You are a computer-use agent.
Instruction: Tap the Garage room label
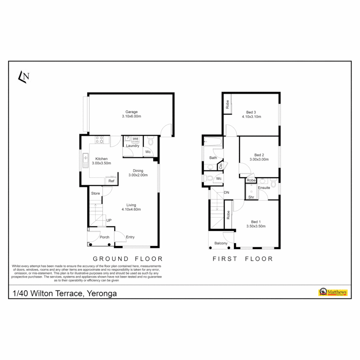[131, 112]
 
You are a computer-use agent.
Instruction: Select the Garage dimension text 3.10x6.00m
[131, 116]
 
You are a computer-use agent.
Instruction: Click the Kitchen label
[101, 159]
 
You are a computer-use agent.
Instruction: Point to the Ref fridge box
[111, 181]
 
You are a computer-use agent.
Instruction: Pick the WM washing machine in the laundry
[135, 139]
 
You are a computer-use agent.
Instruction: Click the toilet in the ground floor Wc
[150, 141]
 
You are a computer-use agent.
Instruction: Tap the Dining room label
[138, 171]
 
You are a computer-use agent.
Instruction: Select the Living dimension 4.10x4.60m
[131, 210]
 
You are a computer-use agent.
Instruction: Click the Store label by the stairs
[96, 193]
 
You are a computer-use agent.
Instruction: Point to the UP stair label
[109, 220]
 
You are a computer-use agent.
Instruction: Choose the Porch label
[105, 237]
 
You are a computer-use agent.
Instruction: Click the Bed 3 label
[251, 112]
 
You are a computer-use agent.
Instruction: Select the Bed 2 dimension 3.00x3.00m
[259, 159]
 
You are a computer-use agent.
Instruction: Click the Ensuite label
[264, 188]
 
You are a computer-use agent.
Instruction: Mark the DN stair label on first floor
[227, 193]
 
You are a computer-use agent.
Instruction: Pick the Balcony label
[221, 243]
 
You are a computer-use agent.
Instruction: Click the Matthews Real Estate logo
[333, 292]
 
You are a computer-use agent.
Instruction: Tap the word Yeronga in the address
[102, 294]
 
